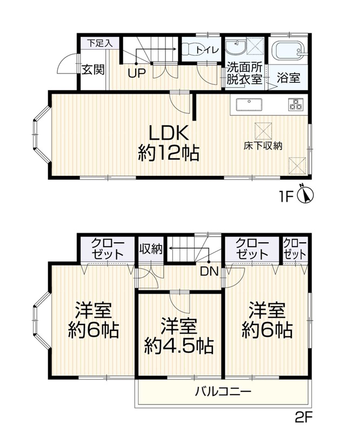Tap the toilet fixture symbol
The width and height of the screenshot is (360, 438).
189,50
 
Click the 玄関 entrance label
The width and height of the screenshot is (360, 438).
94,70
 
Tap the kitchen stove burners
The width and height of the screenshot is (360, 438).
296,103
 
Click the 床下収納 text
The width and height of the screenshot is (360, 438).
262,146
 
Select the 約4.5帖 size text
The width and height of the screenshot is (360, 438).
178,344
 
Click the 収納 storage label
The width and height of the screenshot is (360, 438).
150,249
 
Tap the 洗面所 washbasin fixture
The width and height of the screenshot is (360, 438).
235,48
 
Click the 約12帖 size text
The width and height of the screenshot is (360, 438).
168,153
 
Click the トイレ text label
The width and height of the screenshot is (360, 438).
207,50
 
